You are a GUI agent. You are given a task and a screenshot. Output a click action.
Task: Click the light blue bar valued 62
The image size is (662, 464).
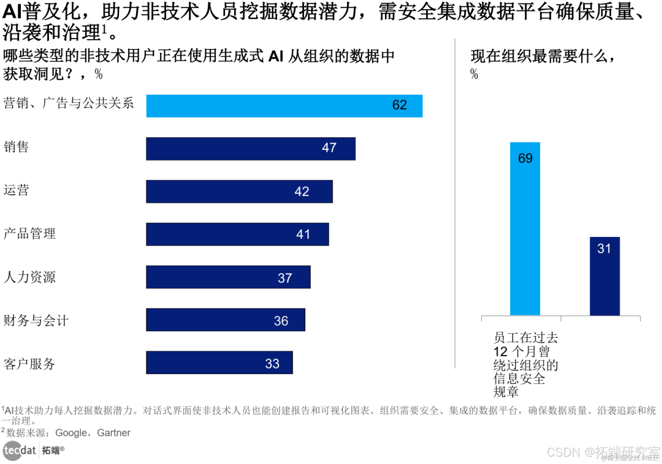(x=284, y=105)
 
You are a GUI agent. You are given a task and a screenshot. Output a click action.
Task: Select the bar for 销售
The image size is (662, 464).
(x=250, y=148)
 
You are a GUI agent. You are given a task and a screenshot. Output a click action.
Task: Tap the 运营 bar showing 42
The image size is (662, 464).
(x=239, y=191)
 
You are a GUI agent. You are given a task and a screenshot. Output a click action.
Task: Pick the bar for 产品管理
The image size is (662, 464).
(x=237, y=234)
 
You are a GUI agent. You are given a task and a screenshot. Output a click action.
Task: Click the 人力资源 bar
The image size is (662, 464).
(x=228, y=277)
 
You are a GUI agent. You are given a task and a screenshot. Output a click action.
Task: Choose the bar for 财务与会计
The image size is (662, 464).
(x=225, y=320)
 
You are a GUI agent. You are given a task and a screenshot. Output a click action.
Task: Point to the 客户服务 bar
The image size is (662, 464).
(x=219, y=362)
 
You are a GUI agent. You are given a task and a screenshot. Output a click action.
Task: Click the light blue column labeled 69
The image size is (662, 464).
(x=525, y=228)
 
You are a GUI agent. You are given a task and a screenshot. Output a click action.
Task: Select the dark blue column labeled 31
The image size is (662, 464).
(x=604, y=276)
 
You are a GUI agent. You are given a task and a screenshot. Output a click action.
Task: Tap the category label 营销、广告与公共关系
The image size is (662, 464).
(x=69, y=103)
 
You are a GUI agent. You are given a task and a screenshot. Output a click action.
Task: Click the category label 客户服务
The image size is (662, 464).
(x=29, y=364)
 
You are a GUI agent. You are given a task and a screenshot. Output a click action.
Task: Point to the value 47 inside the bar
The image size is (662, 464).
(x=329, y=148)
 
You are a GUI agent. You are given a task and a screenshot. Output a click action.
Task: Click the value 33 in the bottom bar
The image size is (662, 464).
(x=272, y=364)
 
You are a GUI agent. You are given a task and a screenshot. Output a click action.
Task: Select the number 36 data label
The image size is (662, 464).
(x=281, y=321)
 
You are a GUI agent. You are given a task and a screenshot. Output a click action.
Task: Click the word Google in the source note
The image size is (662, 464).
(x=71, y=433)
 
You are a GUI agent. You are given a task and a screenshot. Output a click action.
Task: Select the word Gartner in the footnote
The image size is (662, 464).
(x=113, y=433)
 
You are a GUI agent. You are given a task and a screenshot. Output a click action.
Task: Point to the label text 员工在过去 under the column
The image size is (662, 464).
(x=526, y=337)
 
